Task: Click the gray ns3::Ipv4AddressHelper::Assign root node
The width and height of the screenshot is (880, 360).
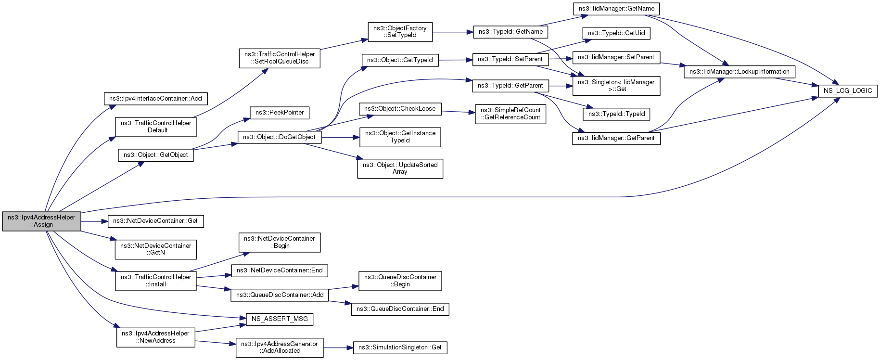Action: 41,221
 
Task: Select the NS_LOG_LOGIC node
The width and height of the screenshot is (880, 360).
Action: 848,90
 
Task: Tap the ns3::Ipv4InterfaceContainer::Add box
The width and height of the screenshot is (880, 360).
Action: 155,99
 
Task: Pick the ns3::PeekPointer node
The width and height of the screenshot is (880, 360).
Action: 280,113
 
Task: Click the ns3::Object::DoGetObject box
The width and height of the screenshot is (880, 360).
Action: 279,137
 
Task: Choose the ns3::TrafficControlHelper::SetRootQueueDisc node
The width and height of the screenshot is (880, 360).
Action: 280,58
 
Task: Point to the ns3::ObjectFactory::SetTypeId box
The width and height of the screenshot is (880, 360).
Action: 400,32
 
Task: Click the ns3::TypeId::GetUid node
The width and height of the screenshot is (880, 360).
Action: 616,33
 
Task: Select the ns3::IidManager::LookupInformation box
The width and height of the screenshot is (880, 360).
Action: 740,72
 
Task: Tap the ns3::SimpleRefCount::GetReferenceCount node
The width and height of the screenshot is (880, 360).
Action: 510,114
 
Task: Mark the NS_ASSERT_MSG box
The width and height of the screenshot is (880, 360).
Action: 280,319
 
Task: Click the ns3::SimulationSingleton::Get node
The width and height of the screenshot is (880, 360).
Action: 400,347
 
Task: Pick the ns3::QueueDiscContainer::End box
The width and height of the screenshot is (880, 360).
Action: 400,309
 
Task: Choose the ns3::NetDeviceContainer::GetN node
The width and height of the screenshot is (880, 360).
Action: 156,249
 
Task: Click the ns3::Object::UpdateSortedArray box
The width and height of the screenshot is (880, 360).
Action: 400,168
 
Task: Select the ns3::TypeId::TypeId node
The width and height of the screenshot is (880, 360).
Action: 616,114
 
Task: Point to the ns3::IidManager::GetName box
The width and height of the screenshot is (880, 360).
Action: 616,9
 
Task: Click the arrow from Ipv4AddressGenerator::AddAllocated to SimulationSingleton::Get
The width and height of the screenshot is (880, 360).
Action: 338,347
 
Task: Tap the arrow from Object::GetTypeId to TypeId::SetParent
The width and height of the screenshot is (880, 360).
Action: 455,60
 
